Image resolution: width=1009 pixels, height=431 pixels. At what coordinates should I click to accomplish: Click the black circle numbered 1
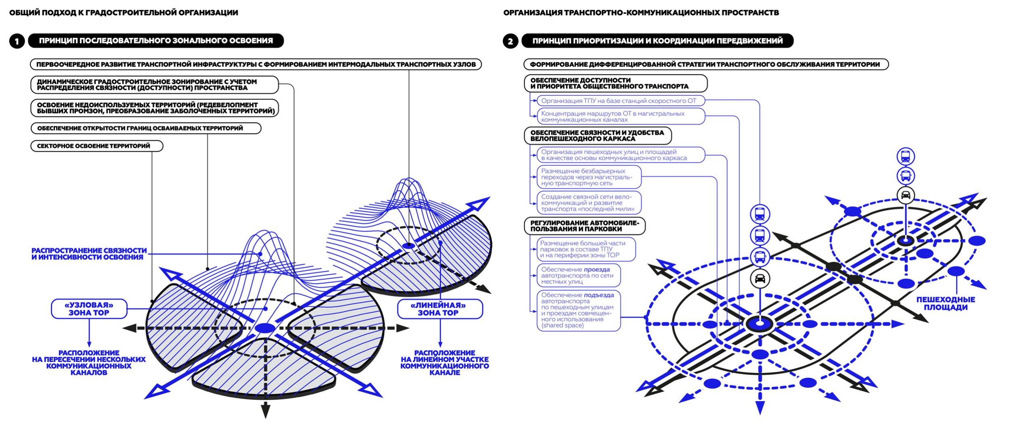coord(17,41)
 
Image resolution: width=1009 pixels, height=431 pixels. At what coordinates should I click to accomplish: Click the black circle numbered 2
coord(511,41)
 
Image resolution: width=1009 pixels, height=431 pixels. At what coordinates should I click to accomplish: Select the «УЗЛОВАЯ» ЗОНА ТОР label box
coord(89,309)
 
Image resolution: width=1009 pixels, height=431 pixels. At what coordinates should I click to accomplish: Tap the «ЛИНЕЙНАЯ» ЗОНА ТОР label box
coord(440,309)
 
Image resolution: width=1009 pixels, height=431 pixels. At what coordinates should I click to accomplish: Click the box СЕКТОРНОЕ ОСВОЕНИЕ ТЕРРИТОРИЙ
coord(96,146)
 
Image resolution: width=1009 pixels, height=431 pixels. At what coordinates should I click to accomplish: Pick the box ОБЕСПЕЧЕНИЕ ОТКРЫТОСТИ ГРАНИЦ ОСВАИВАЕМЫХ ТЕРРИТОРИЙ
coord(146,128)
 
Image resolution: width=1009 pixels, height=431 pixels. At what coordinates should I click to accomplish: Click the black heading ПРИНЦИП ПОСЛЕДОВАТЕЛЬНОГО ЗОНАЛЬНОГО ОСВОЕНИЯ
coord(156,41)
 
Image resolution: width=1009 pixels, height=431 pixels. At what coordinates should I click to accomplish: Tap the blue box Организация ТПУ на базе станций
coord(621,100)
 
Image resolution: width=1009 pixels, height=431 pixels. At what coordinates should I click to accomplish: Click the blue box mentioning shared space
coord(578,310)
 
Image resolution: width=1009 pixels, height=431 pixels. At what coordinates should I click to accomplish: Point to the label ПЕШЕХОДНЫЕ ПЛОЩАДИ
coord(945,303)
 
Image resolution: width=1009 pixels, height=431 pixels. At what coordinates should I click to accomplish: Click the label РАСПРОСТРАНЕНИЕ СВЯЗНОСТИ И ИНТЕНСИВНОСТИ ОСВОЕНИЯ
coord(89,254)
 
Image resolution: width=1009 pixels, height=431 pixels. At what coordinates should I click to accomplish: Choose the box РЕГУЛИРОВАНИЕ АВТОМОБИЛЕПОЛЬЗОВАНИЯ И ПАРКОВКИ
coord(584,226)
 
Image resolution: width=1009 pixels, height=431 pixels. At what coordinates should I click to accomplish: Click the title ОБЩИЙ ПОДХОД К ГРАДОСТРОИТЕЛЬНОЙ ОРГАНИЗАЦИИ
coord(124,13)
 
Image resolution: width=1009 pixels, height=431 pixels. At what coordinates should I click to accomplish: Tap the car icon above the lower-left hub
coord(760,278)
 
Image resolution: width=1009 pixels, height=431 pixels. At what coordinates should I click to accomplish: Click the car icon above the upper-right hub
coord(906,195)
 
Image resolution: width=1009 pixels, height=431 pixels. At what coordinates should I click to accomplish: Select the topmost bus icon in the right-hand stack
coord(906,157)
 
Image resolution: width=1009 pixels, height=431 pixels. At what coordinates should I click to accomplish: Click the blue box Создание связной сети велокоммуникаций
coord(588,203)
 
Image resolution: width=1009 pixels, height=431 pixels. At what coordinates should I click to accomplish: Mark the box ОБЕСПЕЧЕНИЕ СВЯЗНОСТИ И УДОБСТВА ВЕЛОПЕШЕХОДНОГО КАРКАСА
coord(597,136)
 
